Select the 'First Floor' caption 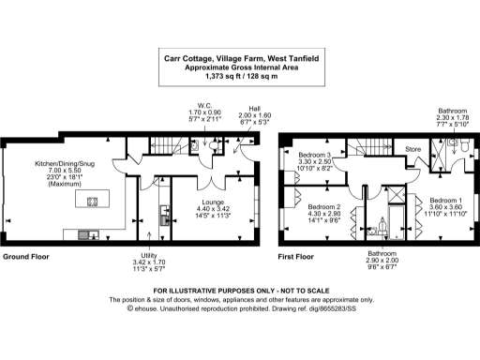[x=296, y=256]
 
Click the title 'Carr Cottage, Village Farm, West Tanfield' [x=239, y=59]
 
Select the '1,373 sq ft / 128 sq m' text [x=239, y=78]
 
